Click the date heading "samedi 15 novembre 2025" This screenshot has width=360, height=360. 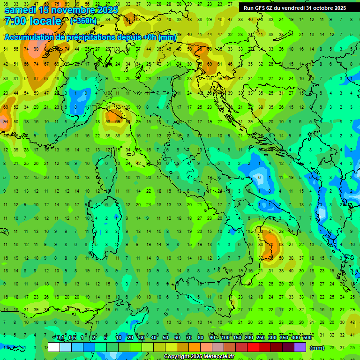tap(61, 9)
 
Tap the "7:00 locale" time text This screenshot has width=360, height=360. tap(32, 21)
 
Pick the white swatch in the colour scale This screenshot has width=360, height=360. tap(54, 347)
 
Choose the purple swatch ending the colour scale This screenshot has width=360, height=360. tap(300, 347)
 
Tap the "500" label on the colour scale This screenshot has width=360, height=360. tap(307, 338)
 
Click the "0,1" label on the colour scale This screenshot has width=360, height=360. tap(60, 338)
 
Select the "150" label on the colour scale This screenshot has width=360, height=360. tap(237, 338)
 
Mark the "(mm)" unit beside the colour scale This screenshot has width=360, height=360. tap(317, 348)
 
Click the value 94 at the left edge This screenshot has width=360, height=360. tap(5, 121)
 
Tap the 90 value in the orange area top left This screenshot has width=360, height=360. tap(36, 49)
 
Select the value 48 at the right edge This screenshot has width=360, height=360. tap(352, 322)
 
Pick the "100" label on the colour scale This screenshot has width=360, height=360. tap(225, 338)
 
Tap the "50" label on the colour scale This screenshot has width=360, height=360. tap(165, 338)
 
